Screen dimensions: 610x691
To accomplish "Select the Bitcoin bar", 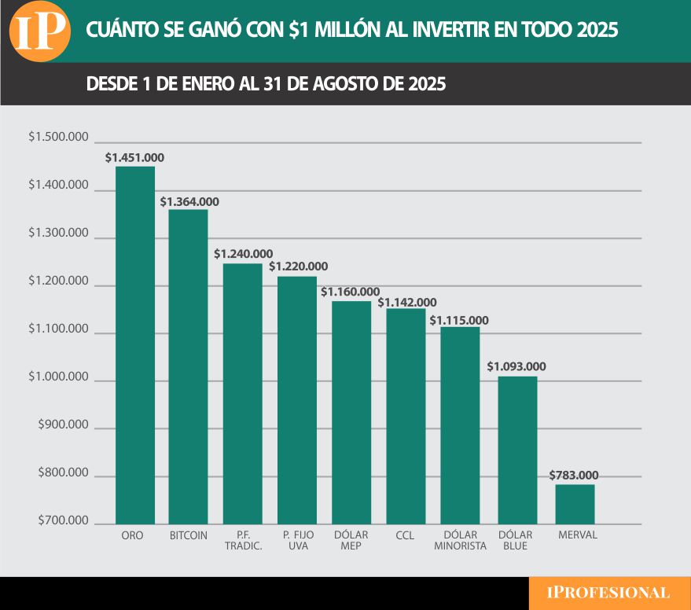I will [x=189, y=366].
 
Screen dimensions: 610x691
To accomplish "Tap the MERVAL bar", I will [x=575, y=504].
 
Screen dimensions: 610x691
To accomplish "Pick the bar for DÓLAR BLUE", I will [x=517, y=450].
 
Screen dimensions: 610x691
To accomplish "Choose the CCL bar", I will [x=406, y=416].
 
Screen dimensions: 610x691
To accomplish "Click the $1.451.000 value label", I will [x=134, y=158].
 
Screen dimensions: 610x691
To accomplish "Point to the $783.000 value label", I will [x=574, y=476].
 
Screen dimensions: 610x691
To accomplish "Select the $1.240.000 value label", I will [x=244, y=254].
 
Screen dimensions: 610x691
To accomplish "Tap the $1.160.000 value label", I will [x=351, y=292].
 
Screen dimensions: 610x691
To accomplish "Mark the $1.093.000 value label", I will [x=516, y=367].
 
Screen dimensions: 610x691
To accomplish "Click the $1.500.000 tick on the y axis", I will [x=58, y=138].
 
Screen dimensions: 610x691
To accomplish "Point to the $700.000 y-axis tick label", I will [x=63, y=520].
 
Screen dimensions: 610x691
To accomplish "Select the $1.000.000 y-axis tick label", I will [x=58, y=377].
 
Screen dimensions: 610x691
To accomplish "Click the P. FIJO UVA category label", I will [x=297, y=541].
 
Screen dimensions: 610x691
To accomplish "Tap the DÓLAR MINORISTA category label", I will [x=460, y=541].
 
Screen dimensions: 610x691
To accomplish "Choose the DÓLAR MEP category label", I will [x=351, y=541].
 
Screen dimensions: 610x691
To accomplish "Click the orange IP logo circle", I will [x=41, y=31].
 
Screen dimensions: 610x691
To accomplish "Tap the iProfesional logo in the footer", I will [x=609, y=593].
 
